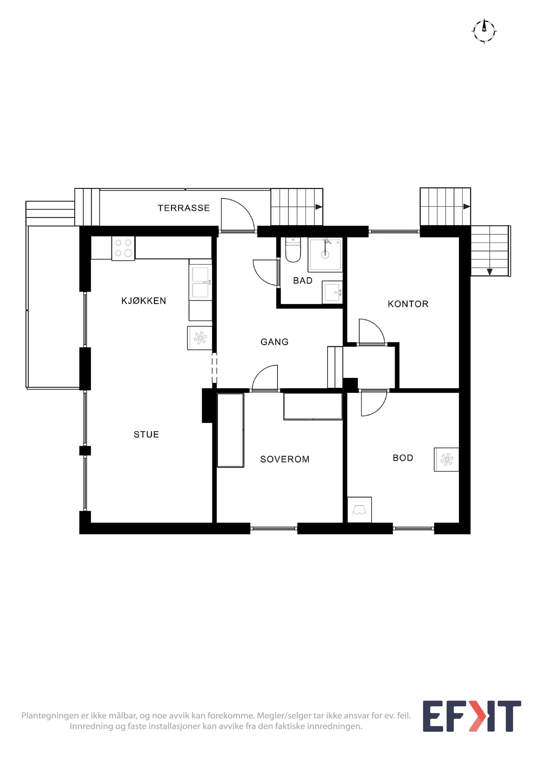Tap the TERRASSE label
184,208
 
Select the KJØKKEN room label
144,301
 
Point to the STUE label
146,434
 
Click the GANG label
274,342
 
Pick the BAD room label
303,280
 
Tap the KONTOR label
408,304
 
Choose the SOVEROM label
285,459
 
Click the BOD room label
403,458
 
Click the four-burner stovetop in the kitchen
123,248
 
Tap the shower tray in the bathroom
325,255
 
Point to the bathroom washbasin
332,292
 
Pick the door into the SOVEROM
265,378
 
